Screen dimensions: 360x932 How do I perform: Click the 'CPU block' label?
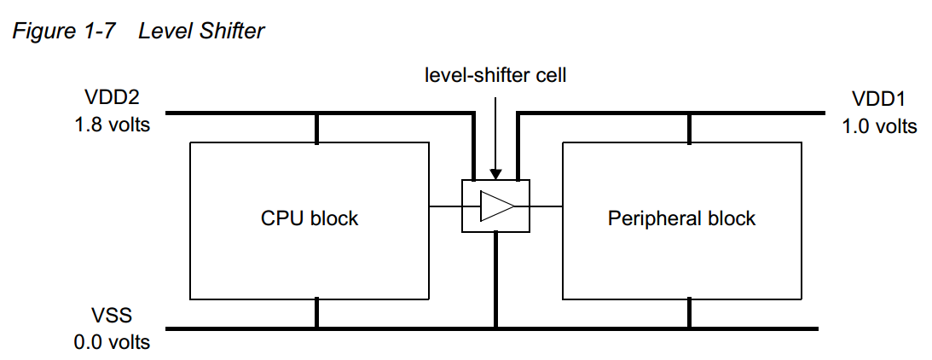pos(310,218)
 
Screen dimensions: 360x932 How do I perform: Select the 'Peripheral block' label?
pos(681,218)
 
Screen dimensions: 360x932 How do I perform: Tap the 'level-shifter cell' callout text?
pos(495,75)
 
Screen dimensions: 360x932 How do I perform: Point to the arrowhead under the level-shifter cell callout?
pos(495,174)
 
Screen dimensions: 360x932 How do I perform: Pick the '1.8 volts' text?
pos(111,125)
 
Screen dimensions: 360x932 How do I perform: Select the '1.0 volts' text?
pos(879,126)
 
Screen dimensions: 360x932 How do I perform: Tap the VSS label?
pos(110,316)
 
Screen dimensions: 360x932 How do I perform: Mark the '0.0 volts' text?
pos(111,343)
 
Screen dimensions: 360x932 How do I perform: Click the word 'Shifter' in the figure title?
pos(232,32)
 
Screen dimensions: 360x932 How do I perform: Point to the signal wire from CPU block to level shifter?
pos(444,206)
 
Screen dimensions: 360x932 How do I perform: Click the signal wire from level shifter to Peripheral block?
pos(546,206)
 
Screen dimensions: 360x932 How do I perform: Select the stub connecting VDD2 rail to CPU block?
pos(317,128)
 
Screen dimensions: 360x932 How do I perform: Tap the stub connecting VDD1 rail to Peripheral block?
pos(690,128)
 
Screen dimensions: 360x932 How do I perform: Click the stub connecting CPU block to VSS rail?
pos(317,313)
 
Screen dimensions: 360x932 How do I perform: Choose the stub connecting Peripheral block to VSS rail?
pos(690,313)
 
